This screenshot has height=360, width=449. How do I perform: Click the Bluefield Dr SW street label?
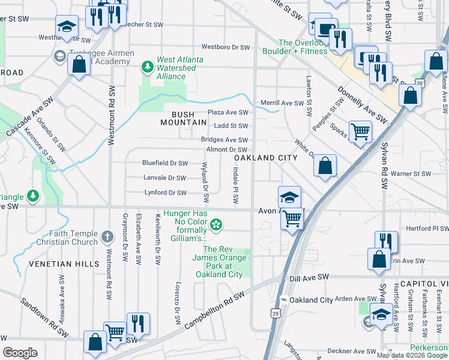coord(165,163)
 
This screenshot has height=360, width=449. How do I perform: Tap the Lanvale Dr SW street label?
coord(164,178)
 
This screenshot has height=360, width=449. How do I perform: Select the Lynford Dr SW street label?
coord(166,193)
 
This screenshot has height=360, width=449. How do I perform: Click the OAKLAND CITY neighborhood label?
coord(266,158)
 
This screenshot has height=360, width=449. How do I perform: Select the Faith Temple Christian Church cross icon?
coord(107,235)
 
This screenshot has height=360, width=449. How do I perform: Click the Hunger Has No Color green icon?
coord(216,226)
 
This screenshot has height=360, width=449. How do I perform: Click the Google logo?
coord(20,353)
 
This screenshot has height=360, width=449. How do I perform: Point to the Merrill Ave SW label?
coord(282,104)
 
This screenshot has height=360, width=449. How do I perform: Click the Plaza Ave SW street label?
coord(228,113)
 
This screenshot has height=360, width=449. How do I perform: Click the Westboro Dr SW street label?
coord(225,47)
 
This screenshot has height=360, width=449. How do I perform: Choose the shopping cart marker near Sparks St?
coord(360,130)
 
